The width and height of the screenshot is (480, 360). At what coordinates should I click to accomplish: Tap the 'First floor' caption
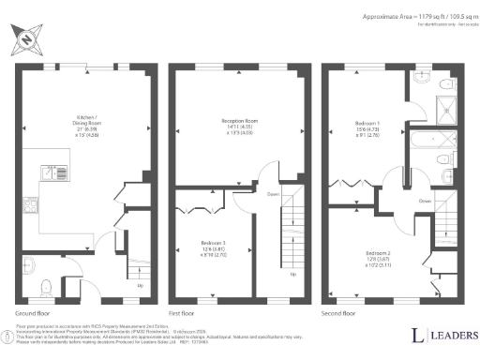(183, 312)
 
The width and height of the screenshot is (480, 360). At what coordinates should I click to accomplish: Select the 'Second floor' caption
(337, 312)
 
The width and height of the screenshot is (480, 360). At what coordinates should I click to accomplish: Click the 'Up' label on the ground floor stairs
(140, 285)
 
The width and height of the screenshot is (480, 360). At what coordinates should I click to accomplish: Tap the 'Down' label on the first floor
(273, 196)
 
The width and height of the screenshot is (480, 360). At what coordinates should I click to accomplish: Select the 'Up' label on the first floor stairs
(292, 275)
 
